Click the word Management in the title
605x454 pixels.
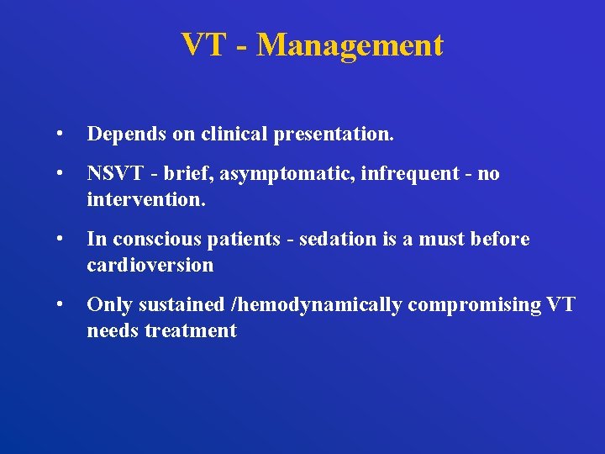click(350, 45)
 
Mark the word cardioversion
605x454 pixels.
click(150, 266)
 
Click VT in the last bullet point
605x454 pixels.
click(560, 305)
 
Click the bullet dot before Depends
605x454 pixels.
click(58, 135)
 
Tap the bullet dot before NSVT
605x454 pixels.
click(58, 174)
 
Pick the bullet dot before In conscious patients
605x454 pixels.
click(58, 240)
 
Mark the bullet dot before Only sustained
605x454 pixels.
click(58, 305)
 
